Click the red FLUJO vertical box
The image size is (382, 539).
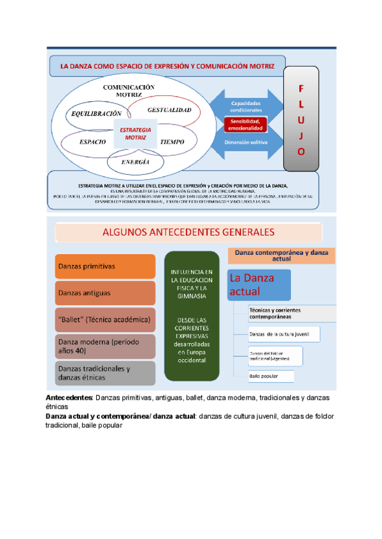pyautogui.click(x=301, y=120)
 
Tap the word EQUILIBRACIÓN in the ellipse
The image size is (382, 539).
pyautogui.click(x=92, y=113)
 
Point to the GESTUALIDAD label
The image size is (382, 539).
pyautogui.click(x=169, y=110)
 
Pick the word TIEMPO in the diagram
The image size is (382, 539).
pyautogui.click(x=172, y=142)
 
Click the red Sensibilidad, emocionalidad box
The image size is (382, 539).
pyautogui.click(x=245, y=123)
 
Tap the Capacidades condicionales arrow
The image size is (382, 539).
pyautogui.click(x=245, y=106)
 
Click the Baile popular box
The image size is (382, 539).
pyautogui.click(x=271, y=376)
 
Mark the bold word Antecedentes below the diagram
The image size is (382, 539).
pyautogui.click(x=69, y=397)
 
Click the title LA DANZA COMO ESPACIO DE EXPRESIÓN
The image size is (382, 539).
pyautogui.click(x=167, y=65)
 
